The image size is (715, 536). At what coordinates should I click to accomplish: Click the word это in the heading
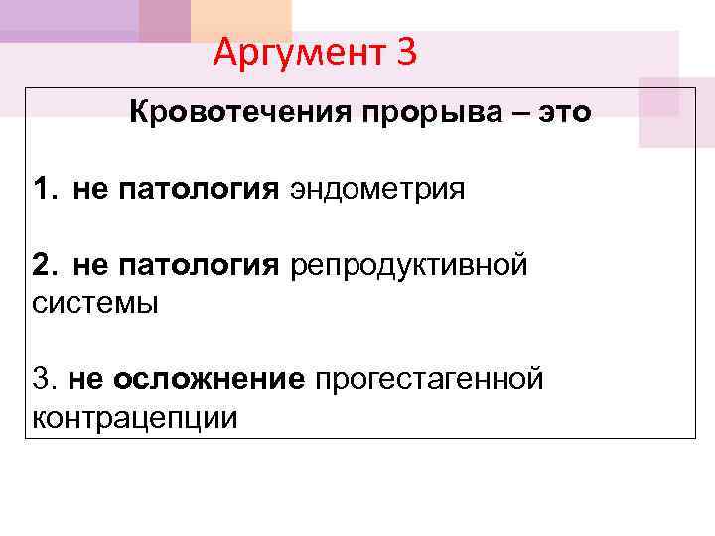point(564,112)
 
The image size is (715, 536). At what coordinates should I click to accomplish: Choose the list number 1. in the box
point(45,188)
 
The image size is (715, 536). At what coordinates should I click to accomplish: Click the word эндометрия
point(376,188)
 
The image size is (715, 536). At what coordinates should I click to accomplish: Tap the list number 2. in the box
point(45,265)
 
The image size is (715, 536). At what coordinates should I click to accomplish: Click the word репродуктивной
point(408,265)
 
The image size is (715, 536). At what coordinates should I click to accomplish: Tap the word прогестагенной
point(429,378)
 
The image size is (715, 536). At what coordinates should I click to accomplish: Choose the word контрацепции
point(134,417)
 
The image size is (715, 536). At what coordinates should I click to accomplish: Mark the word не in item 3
point(83,378)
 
